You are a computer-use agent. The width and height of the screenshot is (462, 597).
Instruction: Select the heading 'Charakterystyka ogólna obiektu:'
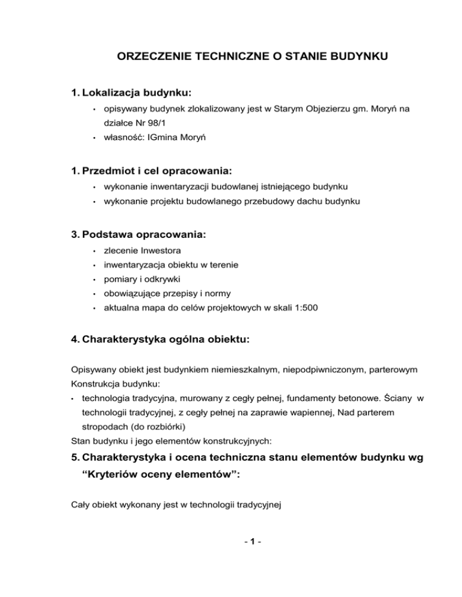pos(160,339)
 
